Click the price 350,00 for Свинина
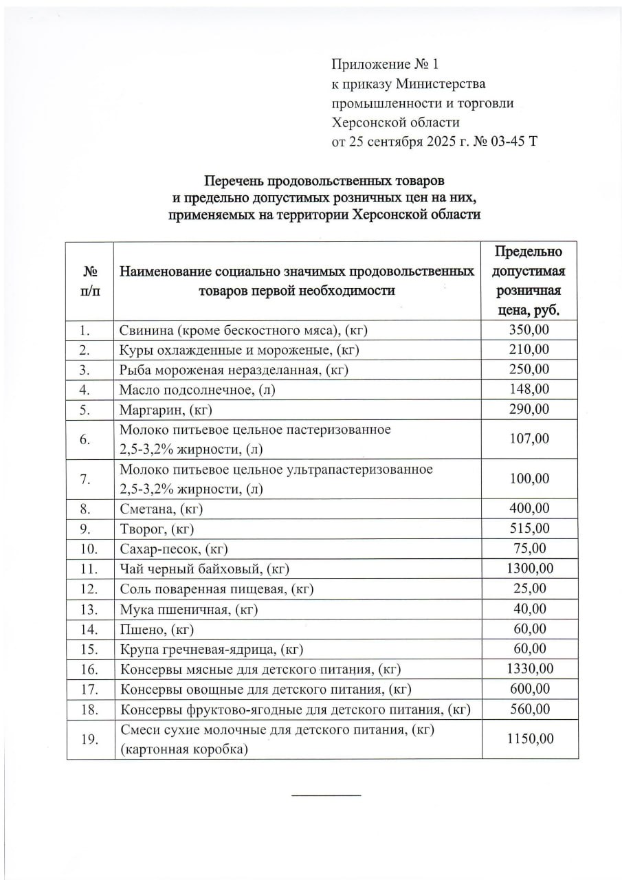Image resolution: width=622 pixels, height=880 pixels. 529,330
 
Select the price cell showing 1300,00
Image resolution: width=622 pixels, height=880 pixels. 529,569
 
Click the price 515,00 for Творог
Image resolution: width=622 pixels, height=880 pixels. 529,529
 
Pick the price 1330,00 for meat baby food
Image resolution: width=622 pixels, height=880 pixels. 529,668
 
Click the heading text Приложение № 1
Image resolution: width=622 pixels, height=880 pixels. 384,65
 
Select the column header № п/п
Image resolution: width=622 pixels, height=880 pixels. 89,280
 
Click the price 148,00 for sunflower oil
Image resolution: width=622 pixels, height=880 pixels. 529,389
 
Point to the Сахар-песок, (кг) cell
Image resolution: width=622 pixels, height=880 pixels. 173,549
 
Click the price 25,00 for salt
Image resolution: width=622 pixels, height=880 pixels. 529,588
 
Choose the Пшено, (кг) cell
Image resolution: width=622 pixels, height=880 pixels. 157,628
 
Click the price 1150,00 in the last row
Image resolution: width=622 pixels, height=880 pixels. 529,739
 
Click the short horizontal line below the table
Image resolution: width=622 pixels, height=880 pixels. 326,795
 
